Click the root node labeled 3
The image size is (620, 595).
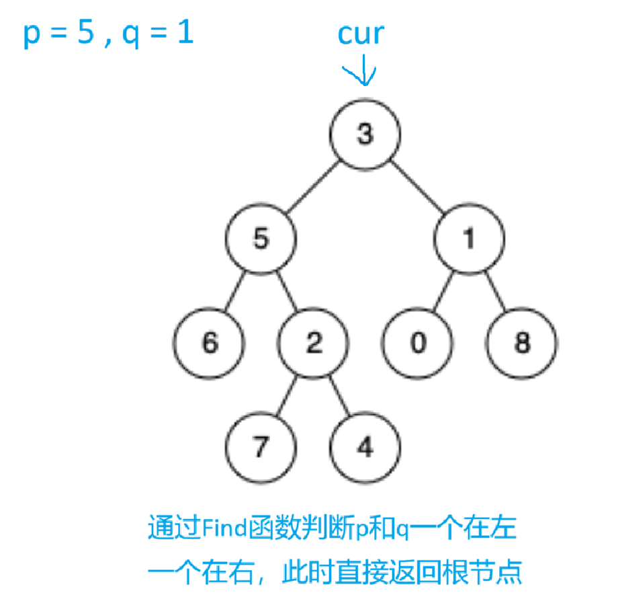365,135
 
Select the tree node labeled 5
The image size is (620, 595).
261,239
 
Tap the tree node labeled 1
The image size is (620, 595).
468,239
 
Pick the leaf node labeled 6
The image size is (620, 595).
209,344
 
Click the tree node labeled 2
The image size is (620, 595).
313,344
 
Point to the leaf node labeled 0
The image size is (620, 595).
417,344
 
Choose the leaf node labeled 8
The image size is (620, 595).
521,344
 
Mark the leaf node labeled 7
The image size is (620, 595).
261,448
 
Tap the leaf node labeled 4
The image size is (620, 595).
365,448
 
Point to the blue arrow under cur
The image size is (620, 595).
363,71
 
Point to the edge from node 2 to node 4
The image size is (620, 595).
339,396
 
